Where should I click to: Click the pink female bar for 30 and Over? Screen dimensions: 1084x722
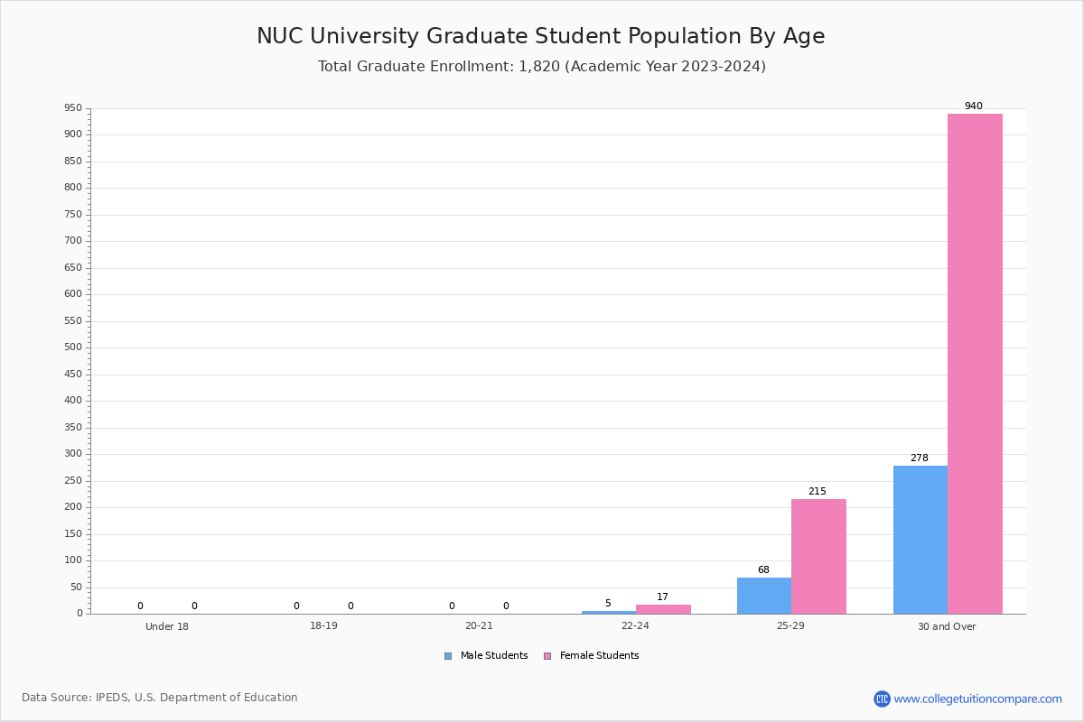point(975,364)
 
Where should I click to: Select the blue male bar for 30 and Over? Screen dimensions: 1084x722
point(920,540)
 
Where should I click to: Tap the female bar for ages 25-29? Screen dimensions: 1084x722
point(818,557)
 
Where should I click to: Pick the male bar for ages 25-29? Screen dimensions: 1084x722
point(764,596)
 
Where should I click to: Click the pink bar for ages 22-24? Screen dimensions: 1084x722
point(663,609)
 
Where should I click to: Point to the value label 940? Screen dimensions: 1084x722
point(974,106)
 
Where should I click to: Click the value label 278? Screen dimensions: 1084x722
point(920,458)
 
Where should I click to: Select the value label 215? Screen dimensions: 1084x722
point(818,491)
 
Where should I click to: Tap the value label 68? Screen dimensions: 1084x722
point(763,569)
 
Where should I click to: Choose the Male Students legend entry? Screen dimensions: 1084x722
point(486,655)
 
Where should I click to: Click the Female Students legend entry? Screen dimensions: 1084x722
point(592,655)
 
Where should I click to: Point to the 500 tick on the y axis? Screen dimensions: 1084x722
point(73,347)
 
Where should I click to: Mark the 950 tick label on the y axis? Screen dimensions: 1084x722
point(73,107)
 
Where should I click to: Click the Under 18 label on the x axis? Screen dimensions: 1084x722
point(167,626)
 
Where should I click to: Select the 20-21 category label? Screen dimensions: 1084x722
point(479,625)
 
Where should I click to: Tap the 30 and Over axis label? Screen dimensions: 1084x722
point(947,626)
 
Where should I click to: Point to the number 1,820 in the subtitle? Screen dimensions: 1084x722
point(539,66)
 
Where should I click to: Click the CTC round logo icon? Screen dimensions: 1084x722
point(882,699)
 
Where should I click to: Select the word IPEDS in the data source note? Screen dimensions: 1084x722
point(112,698)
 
